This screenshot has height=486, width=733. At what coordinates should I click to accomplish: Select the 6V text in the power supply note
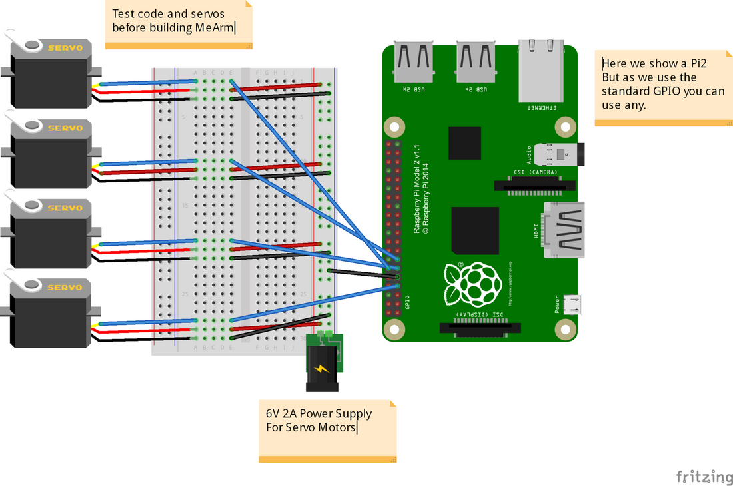tap(274, 413)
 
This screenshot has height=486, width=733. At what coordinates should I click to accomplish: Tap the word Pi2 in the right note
tap(694, 63)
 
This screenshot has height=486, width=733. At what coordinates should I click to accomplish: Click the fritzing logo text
tap(704, 477)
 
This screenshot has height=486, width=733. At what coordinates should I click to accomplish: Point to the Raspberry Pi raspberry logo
tap(474, 282)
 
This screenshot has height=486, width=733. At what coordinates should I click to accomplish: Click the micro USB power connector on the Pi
tap(572, 304)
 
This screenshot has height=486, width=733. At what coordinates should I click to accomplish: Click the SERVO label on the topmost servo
tap(65, 47)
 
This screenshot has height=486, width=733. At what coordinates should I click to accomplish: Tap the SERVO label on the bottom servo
tap(65, 288)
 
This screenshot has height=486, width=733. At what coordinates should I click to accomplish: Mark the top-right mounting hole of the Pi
tap(565, 125)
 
